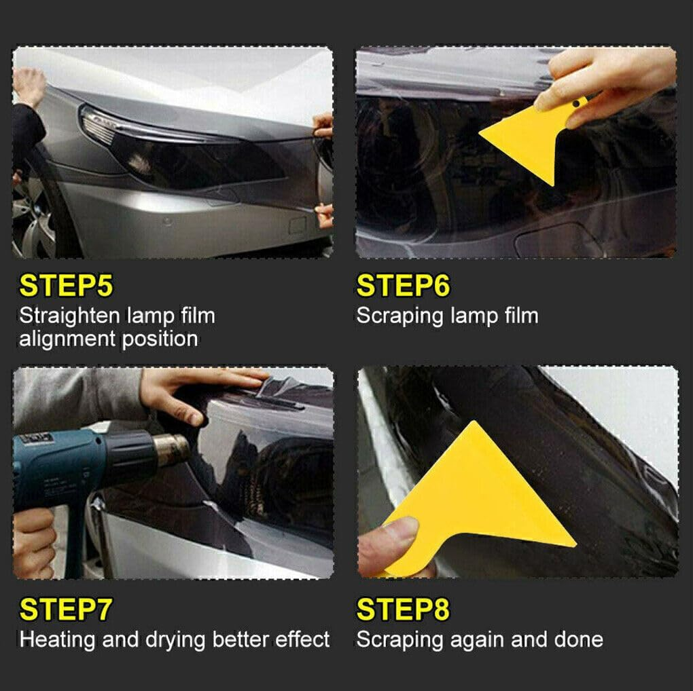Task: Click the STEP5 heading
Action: pyautogui.click(x=66, y=286)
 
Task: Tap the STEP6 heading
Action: pyautogui.click(x=403, y=286)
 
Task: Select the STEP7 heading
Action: pyautogui.click(x=66, y=610)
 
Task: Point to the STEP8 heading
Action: pyautogui.click(x=403, y=610)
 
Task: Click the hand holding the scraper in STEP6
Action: pyautogui.click(x=605, y=81)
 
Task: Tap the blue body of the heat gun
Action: pyautogui.click(x=75, y=455)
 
